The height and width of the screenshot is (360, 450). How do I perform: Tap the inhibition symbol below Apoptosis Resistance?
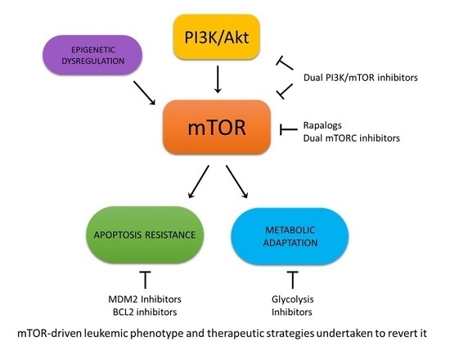(145, 278)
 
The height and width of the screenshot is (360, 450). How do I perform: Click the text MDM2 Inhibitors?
(145, 300)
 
